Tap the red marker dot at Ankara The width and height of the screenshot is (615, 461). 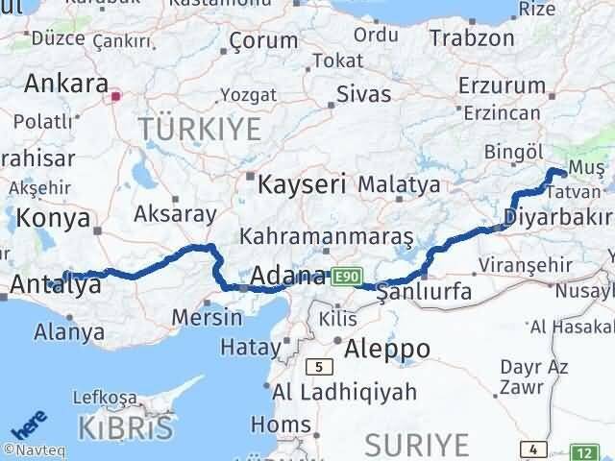[x=116, y=95]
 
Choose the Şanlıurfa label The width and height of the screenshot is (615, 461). [x=425, y=291]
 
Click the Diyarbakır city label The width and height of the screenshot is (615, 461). [x=555, y=213]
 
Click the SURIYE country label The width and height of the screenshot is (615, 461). [x=417, y=445]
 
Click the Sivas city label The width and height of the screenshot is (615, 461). [x=363, y=94]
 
